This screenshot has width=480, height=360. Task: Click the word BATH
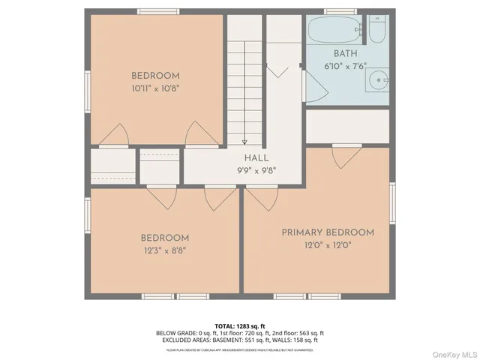pos(346,54)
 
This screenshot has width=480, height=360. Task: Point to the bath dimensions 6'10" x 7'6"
pos(346,65)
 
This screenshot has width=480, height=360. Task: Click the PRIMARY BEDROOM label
pos(328,232)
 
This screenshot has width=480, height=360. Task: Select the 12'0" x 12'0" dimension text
pos(328,244)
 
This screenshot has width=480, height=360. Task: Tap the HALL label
pos(255,158)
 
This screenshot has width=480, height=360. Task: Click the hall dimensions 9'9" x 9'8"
pos(255,169)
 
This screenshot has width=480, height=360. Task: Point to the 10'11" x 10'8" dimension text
pos(155,87)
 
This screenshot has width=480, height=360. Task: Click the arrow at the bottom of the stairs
pos(244,141)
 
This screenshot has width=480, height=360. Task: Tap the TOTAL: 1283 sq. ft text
pos(239,325)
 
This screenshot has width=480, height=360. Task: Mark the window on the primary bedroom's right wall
pos(392,203)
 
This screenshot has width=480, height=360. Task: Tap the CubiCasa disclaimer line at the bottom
pos(239,349)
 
